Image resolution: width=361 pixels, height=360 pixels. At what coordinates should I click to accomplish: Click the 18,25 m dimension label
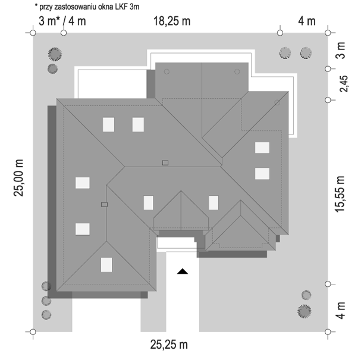tap(172, 21)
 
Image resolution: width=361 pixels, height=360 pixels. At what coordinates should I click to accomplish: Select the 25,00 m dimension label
tap(18, 178)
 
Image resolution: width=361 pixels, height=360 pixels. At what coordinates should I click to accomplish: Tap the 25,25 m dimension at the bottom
tap(169, 345)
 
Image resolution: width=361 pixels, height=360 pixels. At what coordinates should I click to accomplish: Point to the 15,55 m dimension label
tap(340, 194)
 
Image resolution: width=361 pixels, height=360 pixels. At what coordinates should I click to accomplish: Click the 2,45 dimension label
tap(344, 84)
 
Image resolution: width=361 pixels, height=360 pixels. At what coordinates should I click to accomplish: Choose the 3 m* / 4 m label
tap(62, 21)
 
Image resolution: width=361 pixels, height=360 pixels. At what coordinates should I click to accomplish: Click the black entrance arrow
tap(183, 271)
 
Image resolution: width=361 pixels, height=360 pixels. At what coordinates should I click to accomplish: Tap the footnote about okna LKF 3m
tap(87, 7)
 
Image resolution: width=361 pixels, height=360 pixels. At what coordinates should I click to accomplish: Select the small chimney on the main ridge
tap(165, 163)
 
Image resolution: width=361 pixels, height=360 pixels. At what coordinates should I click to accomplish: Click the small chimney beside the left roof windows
tap(104, 205)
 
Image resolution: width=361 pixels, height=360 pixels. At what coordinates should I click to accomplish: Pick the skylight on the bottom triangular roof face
tap(106, 265)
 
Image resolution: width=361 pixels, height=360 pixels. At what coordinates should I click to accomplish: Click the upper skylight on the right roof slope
tap(262, 148)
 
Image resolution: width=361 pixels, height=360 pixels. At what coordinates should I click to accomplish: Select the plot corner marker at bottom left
tap(33, 332)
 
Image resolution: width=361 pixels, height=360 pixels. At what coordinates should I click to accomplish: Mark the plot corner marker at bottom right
tap(328, 332)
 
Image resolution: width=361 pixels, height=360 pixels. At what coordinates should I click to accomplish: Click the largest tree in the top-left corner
tap(55, 54)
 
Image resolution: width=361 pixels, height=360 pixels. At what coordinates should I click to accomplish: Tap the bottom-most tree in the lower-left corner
tap(46, 315)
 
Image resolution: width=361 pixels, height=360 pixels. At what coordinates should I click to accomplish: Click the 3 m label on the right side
tap(341, 51)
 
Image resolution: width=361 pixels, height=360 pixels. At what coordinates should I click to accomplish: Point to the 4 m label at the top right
tap(307, 21)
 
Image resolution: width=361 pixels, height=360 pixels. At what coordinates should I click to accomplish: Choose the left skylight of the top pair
tap(108, 124)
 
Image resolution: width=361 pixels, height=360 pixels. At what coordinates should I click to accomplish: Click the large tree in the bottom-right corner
tap(304, 311)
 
